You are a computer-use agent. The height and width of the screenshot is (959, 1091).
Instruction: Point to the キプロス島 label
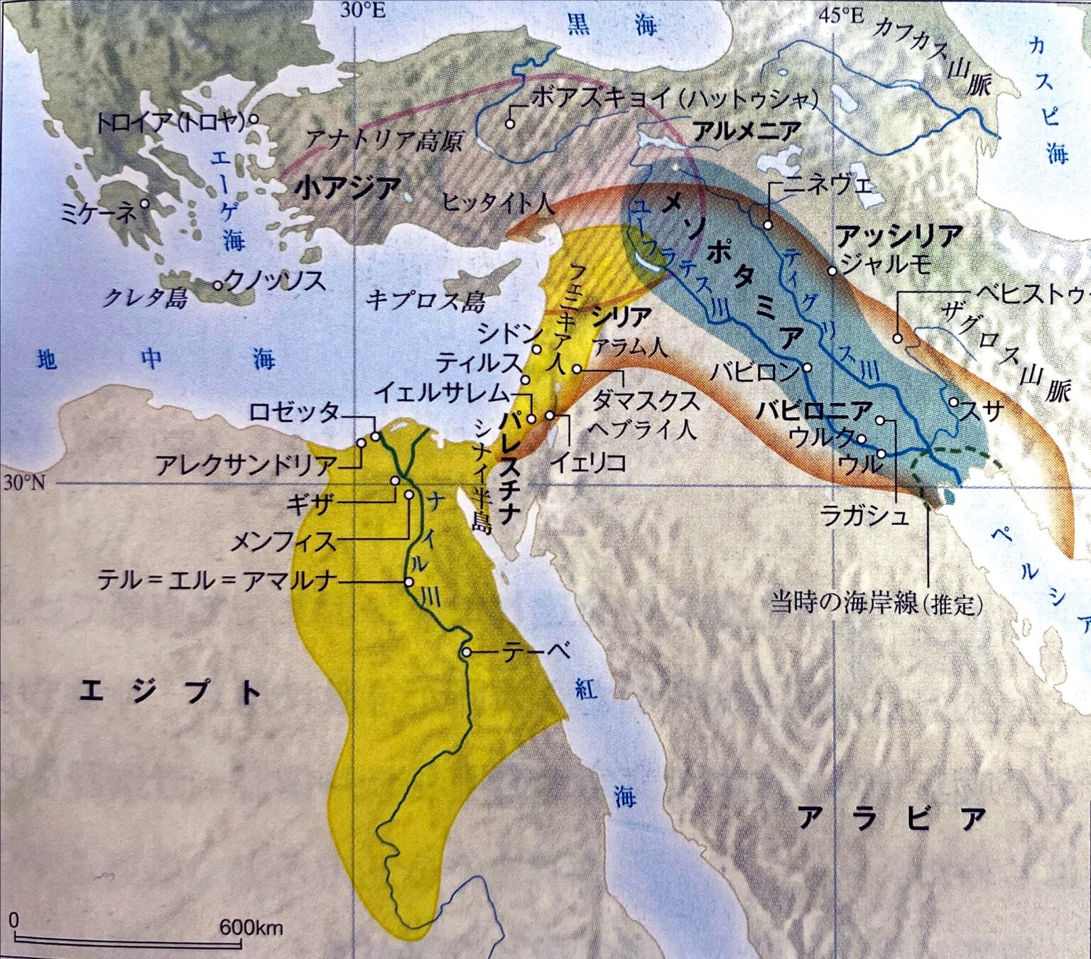[425, 301]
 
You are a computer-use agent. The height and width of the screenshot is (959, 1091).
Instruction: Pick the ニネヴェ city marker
[768, 225]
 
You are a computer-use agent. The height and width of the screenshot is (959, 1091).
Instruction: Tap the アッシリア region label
[899, 234]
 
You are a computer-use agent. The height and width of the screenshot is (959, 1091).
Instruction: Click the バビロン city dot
[807, 369]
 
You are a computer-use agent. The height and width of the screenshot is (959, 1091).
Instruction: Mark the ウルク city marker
[862, 438]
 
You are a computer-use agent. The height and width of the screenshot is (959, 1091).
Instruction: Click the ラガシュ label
[864, 515]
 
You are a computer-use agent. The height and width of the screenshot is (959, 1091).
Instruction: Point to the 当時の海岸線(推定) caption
[877, 604]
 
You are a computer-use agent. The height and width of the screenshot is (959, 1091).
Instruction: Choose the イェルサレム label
[442, 391]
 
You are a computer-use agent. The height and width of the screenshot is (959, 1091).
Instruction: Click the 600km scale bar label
[251, 927]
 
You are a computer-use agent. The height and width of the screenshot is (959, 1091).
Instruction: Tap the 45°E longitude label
[841, 14]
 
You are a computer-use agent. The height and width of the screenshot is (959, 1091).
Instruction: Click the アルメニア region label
[747, 131]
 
